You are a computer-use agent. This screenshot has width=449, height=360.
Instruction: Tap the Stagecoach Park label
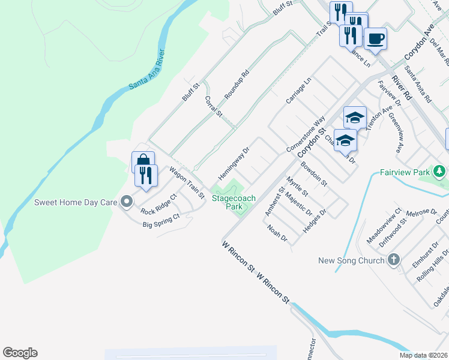233,202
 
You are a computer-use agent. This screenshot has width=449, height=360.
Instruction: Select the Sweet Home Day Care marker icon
126,203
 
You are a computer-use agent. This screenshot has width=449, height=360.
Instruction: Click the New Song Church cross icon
394,260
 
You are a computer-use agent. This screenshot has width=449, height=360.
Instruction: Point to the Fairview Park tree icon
441,173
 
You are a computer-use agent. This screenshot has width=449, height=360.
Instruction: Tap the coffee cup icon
375,40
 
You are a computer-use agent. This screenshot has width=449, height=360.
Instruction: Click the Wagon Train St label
187,183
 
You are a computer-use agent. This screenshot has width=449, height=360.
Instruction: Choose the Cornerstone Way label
306,134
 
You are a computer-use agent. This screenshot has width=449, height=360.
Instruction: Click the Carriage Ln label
298,91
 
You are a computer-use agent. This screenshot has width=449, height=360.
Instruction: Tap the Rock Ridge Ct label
158,204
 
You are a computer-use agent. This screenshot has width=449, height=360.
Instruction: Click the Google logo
20,353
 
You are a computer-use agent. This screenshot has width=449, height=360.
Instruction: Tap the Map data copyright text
424,355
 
